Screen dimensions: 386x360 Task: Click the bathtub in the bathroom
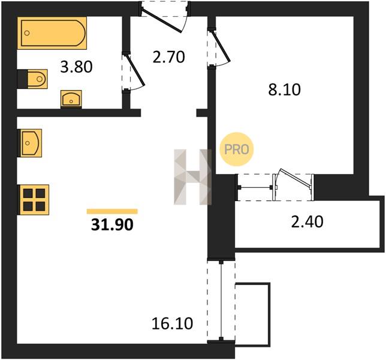tap(52, 33)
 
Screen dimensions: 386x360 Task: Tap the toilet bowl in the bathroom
tap(37, 79)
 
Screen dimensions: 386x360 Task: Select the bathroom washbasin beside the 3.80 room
tap(71, 99)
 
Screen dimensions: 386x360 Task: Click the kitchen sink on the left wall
tap(30, 143)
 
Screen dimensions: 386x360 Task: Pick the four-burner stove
tap(34, 200)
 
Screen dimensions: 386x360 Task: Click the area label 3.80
tap(76, 67)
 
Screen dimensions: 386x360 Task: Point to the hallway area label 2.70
tap(168, 56)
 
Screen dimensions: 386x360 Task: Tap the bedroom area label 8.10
tap(284, 89)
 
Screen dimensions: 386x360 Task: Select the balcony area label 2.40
tap(307, 221)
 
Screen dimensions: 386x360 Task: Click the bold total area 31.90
tap(112, 224)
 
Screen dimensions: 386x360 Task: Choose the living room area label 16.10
tap(173, 323)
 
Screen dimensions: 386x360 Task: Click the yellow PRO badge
tap(236, 149)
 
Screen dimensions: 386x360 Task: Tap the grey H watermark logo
tap(192, 177)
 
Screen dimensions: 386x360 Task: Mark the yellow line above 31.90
tap(112, 211)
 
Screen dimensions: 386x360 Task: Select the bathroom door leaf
tap(135, 70)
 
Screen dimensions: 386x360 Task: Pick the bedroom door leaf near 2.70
tap(221, 46)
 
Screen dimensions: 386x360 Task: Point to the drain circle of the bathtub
tap(27, 33)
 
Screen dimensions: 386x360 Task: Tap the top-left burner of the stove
tap(28, 193)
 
